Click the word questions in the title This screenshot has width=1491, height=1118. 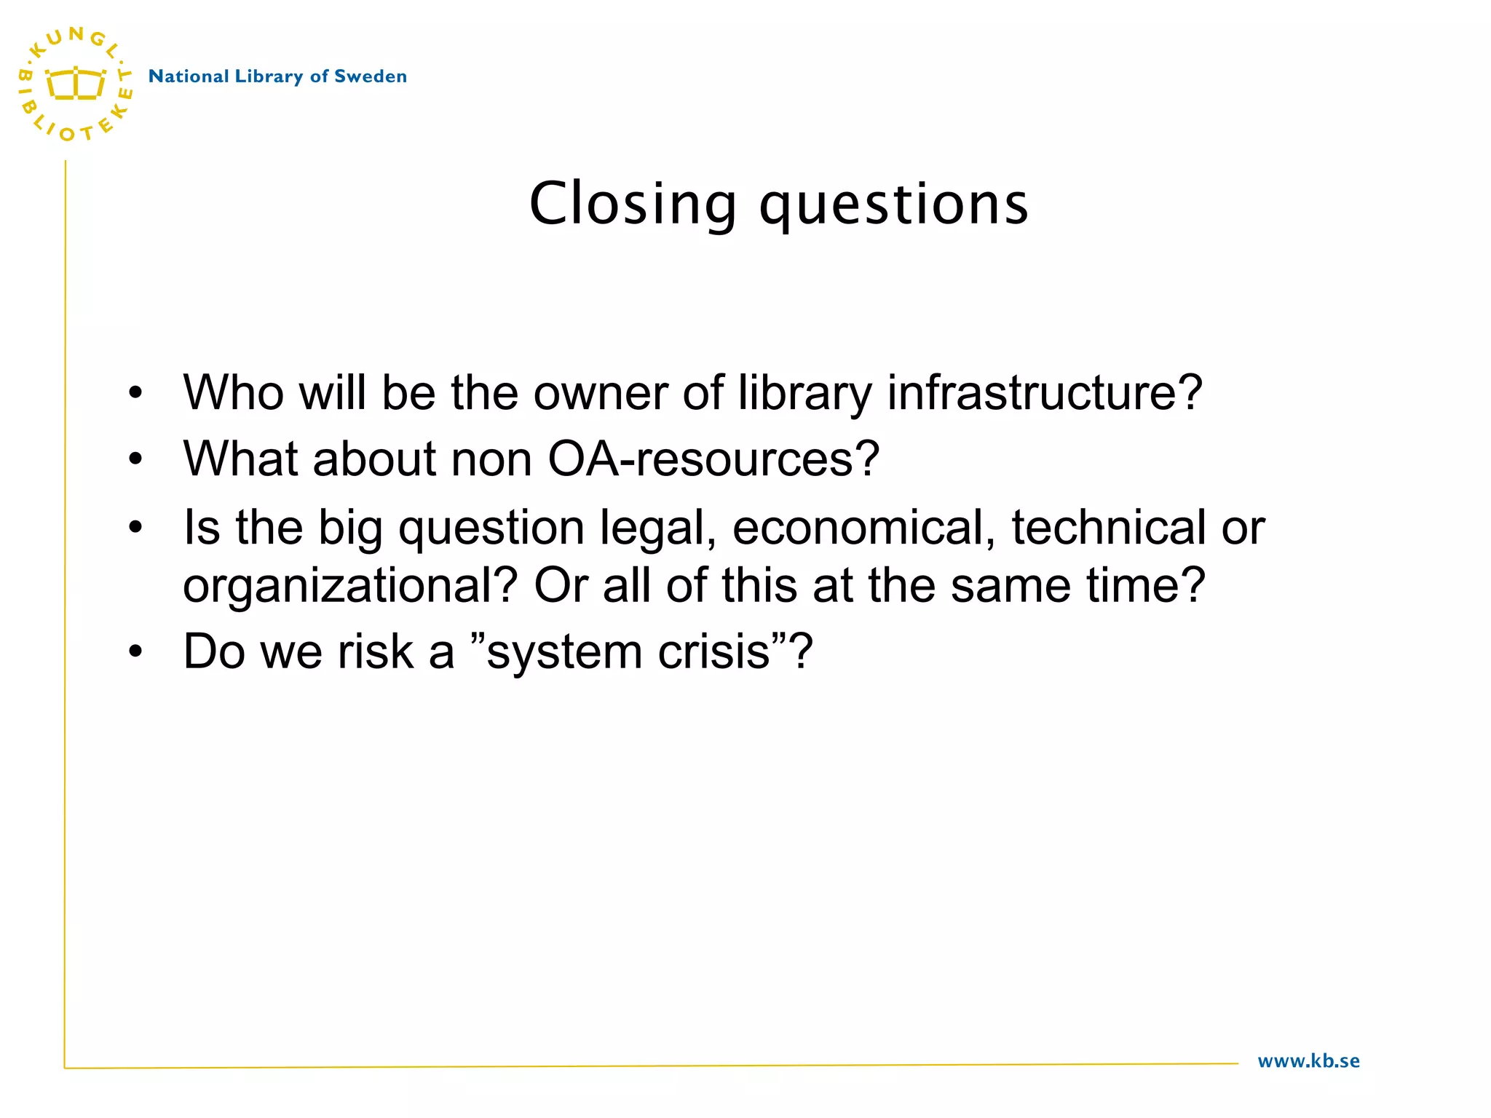pyautogui.click(x=894, y=205)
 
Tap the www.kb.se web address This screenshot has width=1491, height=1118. pyautogui.click(x=1308, y=1061)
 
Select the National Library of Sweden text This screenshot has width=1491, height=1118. pyautogui.click(x=277, y=76)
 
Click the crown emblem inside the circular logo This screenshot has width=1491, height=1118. pyautogui.click(x=75, y=83)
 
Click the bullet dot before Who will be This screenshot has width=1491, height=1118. pyautogui.click(x=135, y=394)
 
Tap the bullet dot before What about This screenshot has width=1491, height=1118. pyautogui.click(x=135, y=460)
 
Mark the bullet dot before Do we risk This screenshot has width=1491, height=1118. pyautogui.click(x=135, y=652)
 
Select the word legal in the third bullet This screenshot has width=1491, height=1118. pyautogui.click(x=658, y=528)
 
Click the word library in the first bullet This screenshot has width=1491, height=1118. pyautogui.click(x=804, y=395)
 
